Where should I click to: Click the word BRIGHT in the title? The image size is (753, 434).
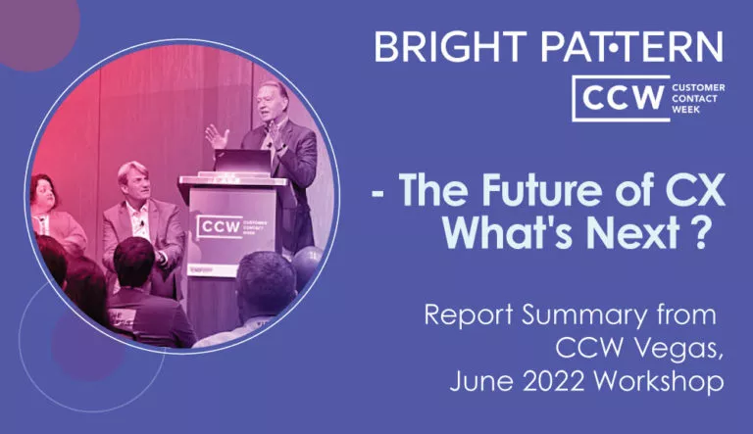click(451, 47)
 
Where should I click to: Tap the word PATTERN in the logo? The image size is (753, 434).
click(631, 47)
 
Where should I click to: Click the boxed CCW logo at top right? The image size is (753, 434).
click(621, 98)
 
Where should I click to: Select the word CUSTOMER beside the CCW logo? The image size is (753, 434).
click(698, 88)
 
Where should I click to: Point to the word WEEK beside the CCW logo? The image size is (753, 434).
click(685, 110)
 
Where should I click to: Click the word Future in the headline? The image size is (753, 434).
click(541, 190)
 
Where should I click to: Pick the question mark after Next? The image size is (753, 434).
click(700, 232)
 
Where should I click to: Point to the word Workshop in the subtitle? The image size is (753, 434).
click(659, 381)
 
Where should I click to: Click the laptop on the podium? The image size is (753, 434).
click(242, 162)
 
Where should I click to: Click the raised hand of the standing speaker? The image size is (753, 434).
click(217, 136)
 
